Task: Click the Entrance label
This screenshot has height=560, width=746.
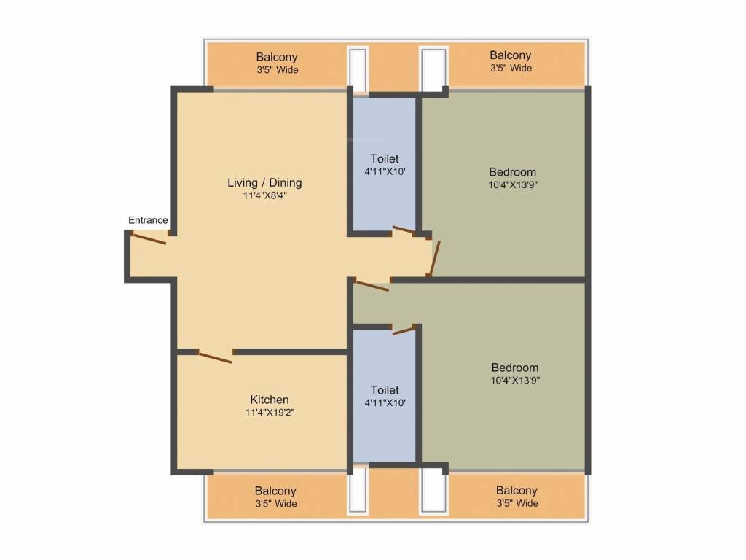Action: click(x=148, y=220)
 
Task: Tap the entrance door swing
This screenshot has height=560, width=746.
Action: click(x=149, y=238)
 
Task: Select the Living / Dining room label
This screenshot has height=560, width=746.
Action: click(x=264, y=182)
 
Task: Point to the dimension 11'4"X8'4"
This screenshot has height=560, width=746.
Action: click(x=264, y=195)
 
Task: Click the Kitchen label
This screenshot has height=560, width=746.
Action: click(x=270, y=400)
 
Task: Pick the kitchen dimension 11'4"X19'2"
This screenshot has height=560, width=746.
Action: click(x=270, y=412)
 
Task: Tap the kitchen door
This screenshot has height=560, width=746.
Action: click(x=216, y=357)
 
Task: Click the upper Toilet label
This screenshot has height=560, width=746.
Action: click(x=385, y=158)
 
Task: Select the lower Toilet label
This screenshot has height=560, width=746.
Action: click(x=385, y=390)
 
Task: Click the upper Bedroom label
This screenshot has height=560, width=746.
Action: click(x=513, y=172)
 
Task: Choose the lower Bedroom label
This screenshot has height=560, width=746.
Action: click(x=514, y=367)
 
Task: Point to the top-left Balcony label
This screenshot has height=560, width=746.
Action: click(x=277, y=57)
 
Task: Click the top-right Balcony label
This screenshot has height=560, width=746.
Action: click(x=510, y=55)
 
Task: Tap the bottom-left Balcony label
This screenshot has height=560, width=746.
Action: click(x=275, y=491)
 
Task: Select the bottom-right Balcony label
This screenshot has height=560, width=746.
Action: click(x=517, y=491)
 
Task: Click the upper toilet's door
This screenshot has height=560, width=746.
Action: click(x=404, y=232)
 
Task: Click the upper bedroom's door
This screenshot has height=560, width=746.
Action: click(x=434, y=257)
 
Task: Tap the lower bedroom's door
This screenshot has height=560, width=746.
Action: click(x=372, y=286)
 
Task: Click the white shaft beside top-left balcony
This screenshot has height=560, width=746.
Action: click(x=357, y=69)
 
